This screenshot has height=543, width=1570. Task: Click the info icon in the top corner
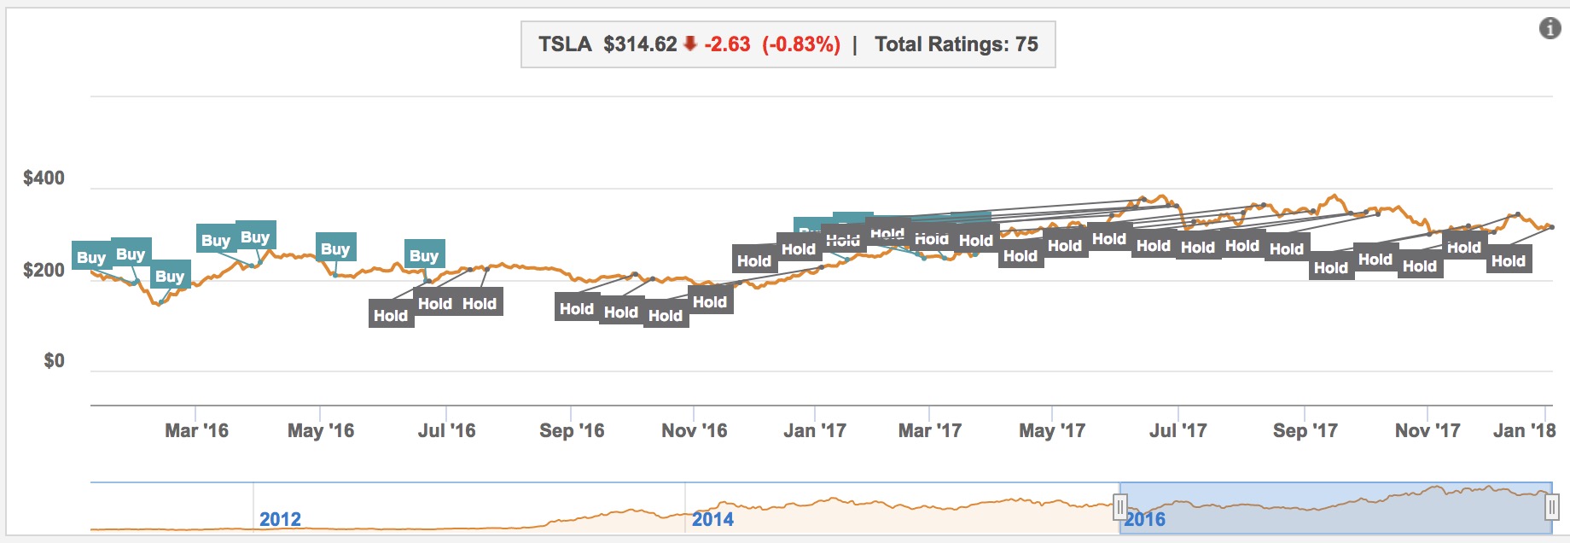[x=1550, y=29]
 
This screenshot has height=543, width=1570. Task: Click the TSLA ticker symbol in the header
[x=565, y=44]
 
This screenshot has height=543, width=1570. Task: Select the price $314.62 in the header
[x=640, y=44]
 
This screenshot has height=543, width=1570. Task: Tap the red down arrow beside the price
[x=690, y=44]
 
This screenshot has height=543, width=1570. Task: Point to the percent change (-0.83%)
[x=801, y=44]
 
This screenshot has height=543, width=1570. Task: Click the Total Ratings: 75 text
[x=956, y=44]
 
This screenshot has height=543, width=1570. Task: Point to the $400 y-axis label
[x=44, y=178]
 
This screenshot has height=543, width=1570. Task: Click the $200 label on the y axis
[x=44, y=271]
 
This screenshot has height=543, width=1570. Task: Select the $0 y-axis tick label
[x=54, y=361]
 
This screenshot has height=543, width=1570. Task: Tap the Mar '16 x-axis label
[x=196, y=431]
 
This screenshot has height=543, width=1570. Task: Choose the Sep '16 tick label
[x=572, y=431]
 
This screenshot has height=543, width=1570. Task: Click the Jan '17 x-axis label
[x=815, y=431]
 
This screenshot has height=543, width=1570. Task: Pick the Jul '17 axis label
[x=1177, y=431]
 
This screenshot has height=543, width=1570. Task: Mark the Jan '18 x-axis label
[x=1524, y=431]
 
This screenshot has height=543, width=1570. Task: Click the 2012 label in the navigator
[x=280, y=519]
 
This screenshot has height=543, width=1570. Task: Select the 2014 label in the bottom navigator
[x=712, y=519]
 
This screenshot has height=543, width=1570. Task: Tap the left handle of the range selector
[x=1119, y=509]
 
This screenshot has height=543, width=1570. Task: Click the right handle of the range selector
[x=1551, y=509]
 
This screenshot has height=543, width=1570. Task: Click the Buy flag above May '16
[x=335, y=248]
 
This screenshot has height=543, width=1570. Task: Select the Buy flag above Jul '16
[x=424, y=255]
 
